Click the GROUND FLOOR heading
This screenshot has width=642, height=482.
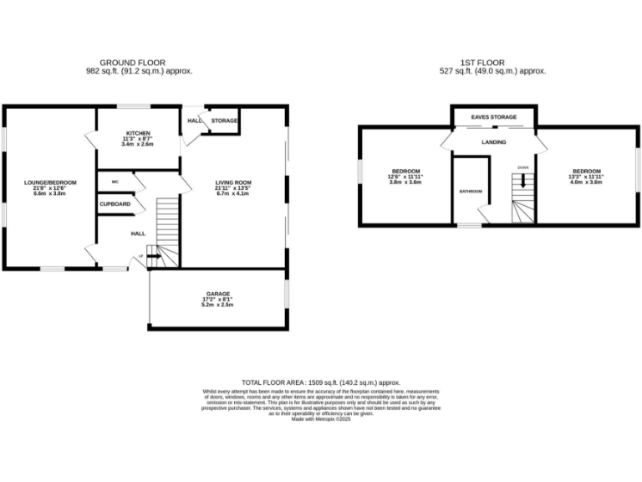tap(132, 63)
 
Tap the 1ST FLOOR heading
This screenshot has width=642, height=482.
tap(493, 63)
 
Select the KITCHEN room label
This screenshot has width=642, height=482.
tap(138, 133)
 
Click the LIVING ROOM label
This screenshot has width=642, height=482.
tap(233, 182)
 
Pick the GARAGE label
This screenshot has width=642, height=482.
tap(218, 294)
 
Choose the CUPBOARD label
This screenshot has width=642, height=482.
tap(115, 204)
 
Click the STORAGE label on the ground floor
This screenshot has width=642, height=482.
tap(224, 121)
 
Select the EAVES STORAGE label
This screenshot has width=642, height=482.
tap(493, 117)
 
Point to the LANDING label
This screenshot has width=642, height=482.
tap(494, 142)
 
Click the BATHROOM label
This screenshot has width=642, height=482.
tap(471, 191)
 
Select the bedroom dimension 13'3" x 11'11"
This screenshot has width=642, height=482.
tap(586, 177)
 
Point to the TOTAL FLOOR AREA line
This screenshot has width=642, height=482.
tap(321, 381)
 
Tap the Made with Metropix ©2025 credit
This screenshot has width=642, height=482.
tap(321, 419)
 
